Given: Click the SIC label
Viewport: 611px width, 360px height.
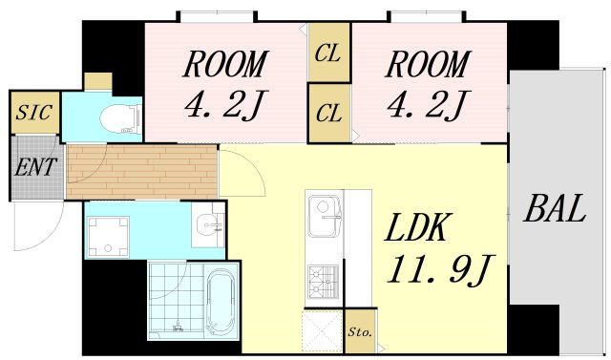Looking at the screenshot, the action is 33,113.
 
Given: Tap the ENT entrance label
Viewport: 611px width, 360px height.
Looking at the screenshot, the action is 35,167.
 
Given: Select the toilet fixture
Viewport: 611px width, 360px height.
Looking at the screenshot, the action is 121,118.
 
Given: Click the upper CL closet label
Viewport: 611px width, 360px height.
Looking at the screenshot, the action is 327,53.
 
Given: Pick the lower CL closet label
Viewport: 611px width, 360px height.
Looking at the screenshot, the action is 328,113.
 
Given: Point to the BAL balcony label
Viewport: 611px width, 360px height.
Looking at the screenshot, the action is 555,208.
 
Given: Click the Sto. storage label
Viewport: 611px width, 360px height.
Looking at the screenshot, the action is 360,332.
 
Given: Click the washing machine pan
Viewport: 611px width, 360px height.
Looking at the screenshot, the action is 108,237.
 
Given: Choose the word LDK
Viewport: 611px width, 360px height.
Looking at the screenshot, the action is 415,227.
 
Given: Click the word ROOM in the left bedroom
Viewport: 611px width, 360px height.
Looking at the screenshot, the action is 226,64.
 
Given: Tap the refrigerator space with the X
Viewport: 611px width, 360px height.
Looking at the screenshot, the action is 323,330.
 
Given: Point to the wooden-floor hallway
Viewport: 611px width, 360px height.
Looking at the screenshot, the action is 142,172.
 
